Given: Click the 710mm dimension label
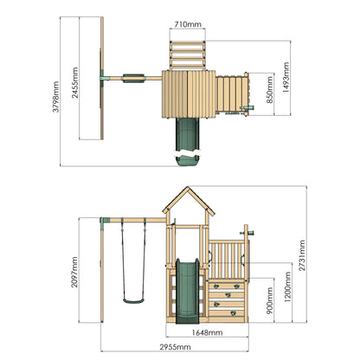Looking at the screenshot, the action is [188, 24].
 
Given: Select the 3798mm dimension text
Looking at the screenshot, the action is [55, 97].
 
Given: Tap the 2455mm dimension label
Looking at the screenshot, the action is [74, 83].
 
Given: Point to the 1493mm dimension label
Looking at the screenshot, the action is [286, 77].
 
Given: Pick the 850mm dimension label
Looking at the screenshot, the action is [269, 90].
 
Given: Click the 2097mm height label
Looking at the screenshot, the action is [74, 272].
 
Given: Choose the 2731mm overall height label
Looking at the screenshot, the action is [302, 255].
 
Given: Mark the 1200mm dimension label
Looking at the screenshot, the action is [287, 286].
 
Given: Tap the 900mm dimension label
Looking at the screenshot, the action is [270, 300].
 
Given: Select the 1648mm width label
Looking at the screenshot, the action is [207, 332].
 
